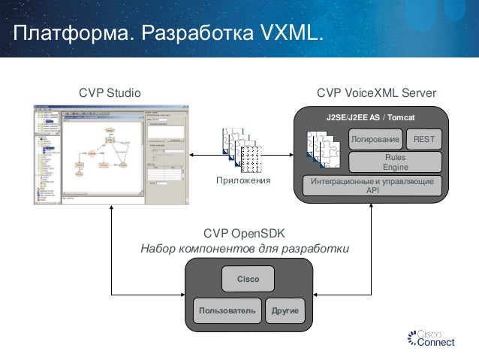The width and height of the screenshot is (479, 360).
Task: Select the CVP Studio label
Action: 110,92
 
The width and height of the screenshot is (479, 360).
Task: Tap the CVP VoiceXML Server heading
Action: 376,92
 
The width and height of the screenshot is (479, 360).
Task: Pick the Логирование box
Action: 374,139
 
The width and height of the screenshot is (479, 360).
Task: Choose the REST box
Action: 424,139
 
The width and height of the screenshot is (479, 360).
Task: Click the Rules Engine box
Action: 395,162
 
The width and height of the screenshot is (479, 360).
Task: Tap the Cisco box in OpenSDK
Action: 248,279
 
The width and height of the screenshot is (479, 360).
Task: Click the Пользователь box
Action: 227,310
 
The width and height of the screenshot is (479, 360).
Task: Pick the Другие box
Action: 285,310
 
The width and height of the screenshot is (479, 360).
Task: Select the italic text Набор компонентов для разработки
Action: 245,249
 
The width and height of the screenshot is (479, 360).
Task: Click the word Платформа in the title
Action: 62,34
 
